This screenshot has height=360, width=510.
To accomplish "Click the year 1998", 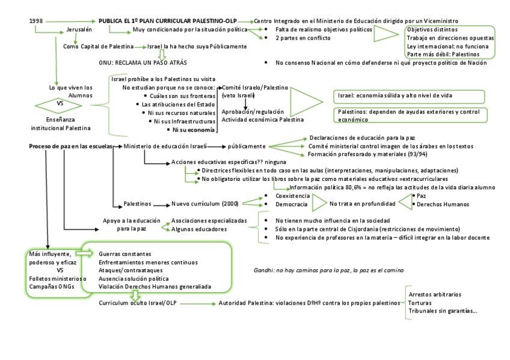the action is pos(36,21).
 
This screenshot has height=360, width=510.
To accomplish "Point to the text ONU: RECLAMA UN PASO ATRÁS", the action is pos(143,63).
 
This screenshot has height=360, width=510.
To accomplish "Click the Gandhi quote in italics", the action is pos(328,270).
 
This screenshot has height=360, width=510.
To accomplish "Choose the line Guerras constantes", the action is pos(125,254).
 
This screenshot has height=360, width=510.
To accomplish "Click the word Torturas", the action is pos(421,303).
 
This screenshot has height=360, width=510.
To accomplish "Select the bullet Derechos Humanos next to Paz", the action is pos(443,204).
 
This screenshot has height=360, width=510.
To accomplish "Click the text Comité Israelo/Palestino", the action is pos(255,87).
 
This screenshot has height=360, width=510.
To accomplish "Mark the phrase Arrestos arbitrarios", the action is pos(435,294).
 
